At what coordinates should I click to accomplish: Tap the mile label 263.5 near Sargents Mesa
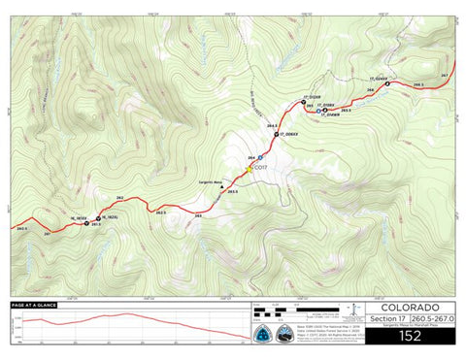click(232, 192)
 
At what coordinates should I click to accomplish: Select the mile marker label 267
click(445, 76)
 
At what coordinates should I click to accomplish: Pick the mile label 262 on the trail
click(118, 197)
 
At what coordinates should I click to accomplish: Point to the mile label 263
click(198, 215)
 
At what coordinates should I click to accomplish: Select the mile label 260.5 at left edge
click(21, 228)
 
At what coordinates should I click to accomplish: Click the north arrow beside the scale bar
click(354, 311)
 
